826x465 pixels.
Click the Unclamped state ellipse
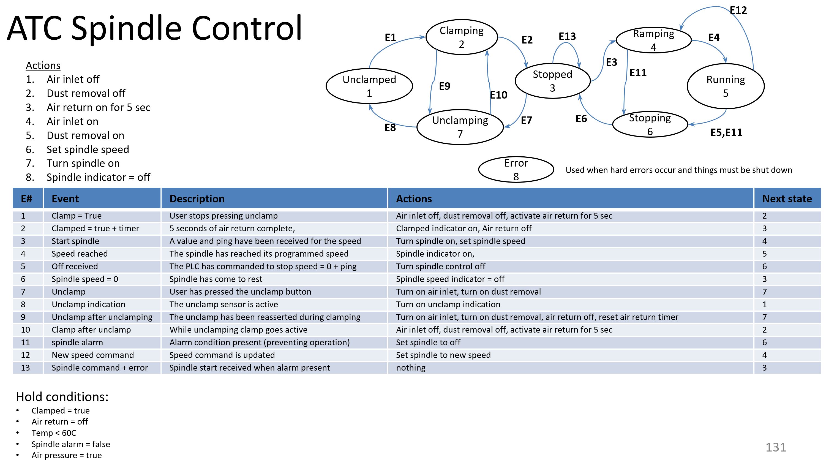[369, 86]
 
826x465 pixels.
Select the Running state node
[725, 86]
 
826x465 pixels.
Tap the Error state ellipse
[516, 169]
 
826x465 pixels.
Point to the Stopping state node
[650, 124]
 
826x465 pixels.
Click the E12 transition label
[738, 10]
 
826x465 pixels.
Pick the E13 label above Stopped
[567, 36]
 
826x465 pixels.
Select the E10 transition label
[498, 95]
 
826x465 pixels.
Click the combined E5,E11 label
[726, 132]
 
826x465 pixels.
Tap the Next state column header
[787, 198]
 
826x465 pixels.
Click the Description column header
[197, 198]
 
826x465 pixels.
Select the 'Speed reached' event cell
[80, 254]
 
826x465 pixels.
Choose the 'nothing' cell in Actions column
[410, 368]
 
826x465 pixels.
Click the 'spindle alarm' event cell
[77, 342]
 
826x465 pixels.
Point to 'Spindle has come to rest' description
[216, 279]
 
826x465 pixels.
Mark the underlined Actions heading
[43, 66]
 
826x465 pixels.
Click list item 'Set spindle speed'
[88, 149]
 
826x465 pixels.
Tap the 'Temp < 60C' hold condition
[54, 433]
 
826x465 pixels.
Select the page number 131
[776, 447]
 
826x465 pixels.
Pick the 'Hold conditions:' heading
[62, 397]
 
